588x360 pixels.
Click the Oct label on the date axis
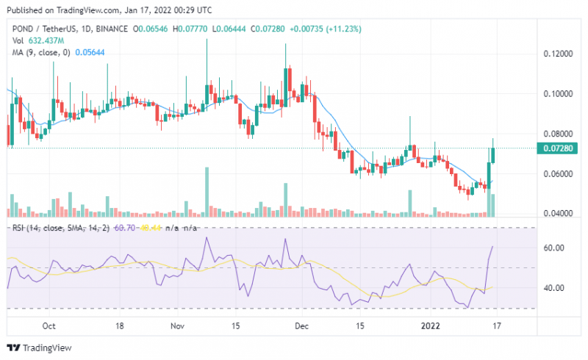[50, 324]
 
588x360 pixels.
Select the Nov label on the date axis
[176, 324]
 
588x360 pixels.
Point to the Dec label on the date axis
[301, 324]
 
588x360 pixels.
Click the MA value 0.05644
[93, 51]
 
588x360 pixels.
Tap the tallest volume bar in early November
[207, 192]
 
